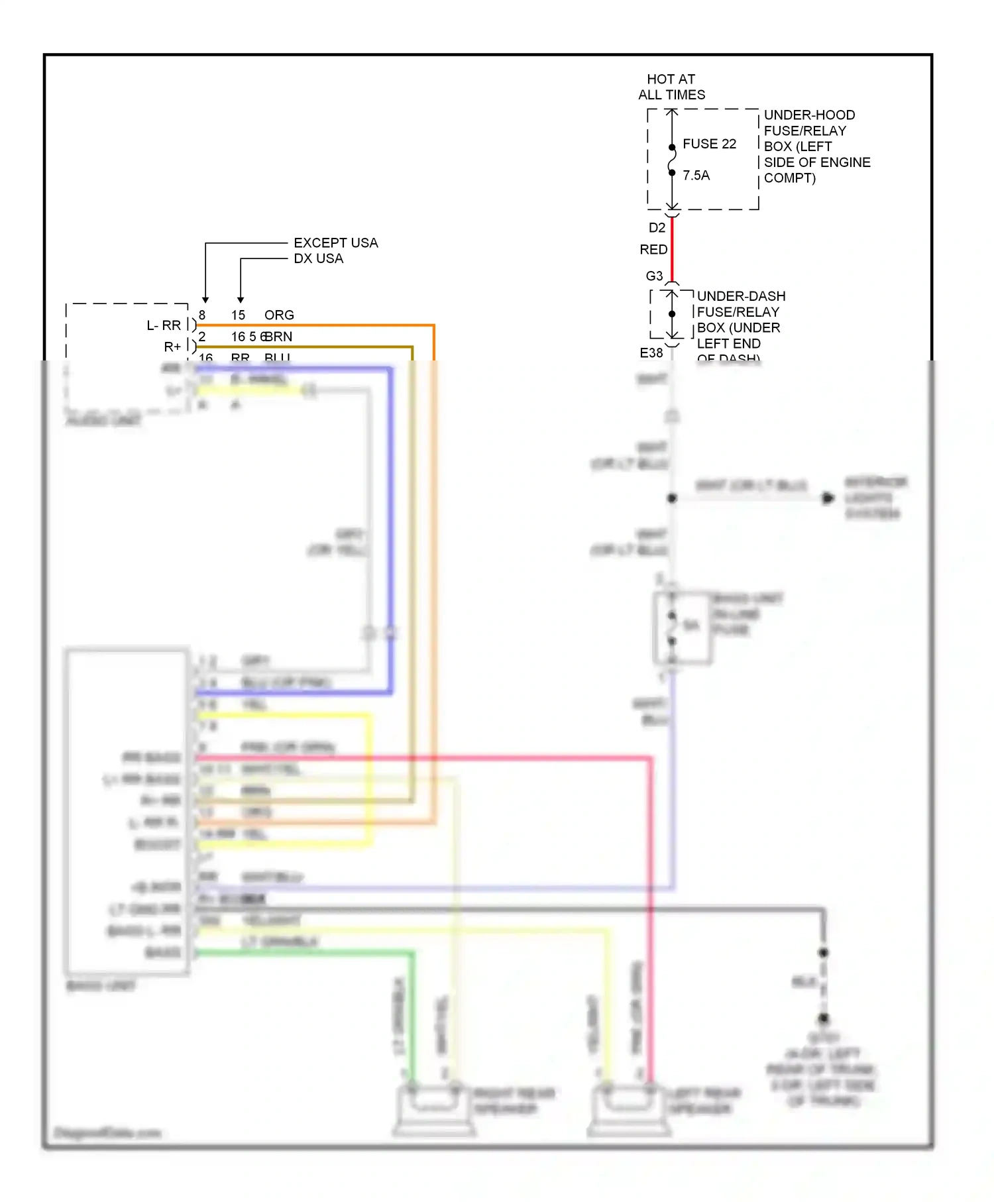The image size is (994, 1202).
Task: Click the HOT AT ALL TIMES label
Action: click(671, 87)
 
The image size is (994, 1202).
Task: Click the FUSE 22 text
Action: click(709, 144)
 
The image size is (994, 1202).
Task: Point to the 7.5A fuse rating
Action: click(696, 176)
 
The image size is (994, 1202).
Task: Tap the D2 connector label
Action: click(656, 228)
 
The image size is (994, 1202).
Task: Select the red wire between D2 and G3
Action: click(672, 248)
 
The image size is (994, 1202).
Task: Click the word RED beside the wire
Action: click(653, 250)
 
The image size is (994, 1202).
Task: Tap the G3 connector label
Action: click(654, 276)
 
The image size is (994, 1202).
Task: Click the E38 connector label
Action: click(651, 353)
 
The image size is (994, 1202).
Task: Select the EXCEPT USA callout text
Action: click(335, 243)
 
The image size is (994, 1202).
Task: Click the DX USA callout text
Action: click(318, 259)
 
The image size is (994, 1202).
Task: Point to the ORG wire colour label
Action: click(279, 315)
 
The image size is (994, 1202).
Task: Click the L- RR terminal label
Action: click(164, 325)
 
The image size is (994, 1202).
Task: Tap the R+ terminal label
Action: click(172, 347)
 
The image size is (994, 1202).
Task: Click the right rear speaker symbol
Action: click(434, 1110)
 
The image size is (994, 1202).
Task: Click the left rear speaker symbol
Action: click(627, 1110)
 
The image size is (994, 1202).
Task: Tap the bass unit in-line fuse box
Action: click(683, 628)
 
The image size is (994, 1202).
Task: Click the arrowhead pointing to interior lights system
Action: click(828, 498)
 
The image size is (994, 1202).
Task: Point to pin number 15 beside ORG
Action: click(238, 315)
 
